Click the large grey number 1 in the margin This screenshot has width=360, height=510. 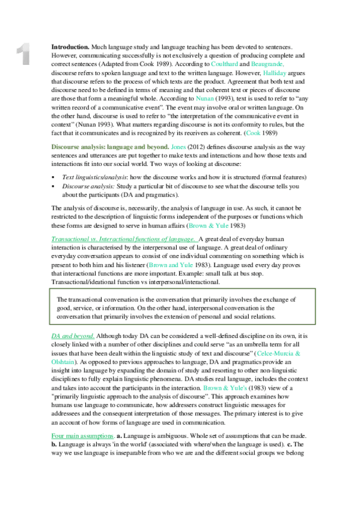pyautogui.click(x=23, y=54)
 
